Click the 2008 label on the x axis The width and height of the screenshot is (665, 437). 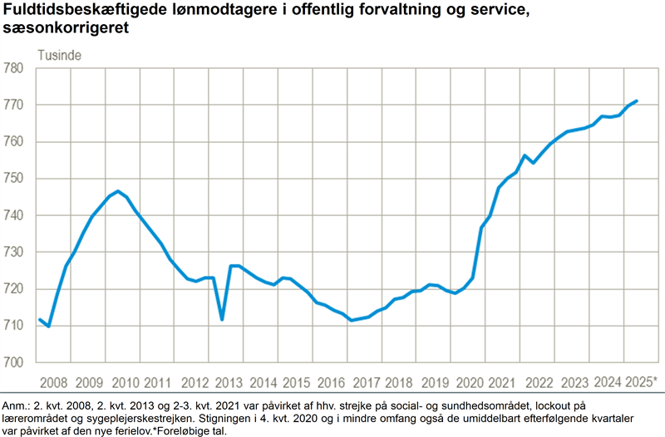coord(54,382)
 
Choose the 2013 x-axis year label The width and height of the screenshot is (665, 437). coord(228,382)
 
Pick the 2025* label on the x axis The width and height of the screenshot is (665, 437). coord(641,382)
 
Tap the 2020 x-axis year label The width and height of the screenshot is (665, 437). coord(470,382)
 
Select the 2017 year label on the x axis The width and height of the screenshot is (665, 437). coord(366,382)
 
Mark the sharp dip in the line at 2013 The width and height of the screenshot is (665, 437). coord(222,319)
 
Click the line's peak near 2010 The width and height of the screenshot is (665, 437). coord(118,191)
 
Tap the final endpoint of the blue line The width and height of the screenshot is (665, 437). coord(636,101)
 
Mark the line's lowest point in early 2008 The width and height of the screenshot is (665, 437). coord(48,327)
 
